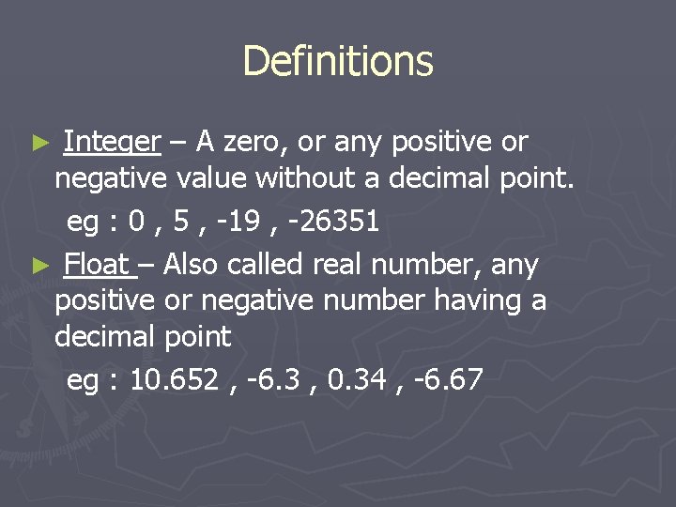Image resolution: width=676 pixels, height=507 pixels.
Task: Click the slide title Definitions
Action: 338,61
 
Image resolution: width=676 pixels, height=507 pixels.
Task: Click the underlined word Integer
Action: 112,142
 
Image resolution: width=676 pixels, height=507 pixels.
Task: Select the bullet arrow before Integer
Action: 39,143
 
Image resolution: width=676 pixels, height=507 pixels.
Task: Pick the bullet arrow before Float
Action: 39,267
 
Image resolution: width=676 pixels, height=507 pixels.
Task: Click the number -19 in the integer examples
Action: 240,222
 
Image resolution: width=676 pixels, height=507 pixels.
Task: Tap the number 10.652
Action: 171,380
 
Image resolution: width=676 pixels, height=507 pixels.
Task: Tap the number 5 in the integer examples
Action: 183,222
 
